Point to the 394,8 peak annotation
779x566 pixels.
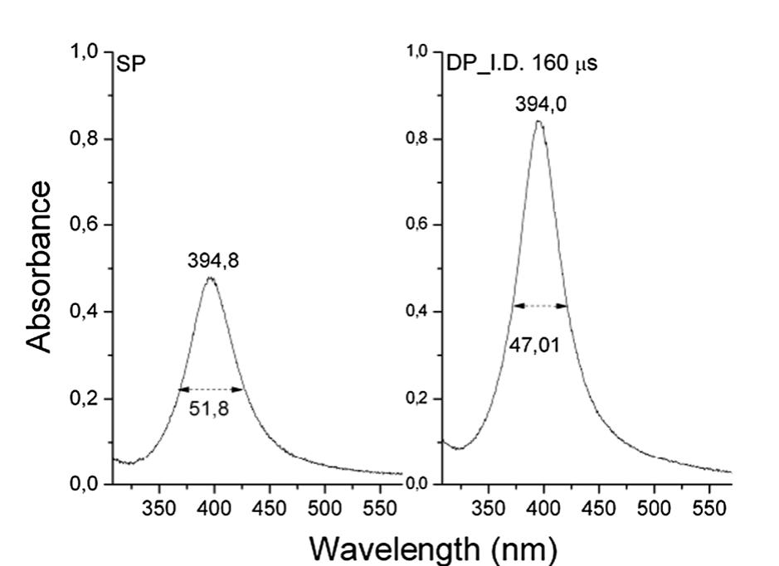[211, 261]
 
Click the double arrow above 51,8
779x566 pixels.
[212, 389]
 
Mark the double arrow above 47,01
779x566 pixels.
[540, 306]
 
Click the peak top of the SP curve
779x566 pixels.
[211, 278]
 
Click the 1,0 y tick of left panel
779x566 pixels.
[85, 52]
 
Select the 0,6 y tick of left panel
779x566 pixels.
[85, 225]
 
